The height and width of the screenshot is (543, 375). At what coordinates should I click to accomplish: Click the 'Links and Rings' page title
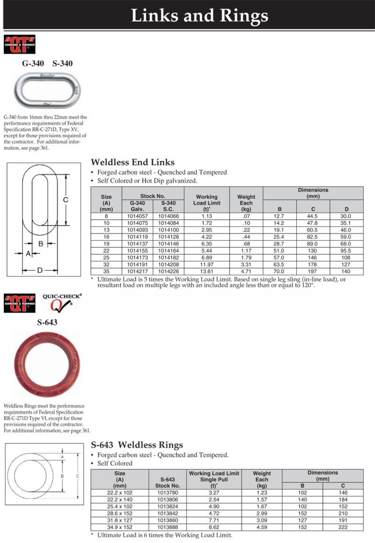199,16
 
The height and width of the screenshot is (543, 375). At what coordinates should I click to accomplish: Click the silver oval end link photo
47,89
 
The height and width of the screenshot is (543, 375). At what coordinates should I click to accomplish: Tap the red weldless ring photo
46,364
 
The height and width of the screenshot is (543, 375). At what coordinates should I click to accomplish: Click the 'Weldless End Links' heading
132,162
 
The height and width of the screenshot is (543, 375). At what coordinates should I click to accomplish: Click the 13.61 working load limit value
206,271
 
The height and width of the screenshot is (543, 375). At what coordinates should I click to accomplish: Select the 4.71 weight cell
246,271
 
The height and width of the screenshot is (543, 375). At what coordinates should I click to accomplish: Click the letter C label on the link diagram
66,200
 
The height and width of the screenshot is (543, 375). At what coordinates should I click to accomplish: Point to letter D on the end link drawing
40,270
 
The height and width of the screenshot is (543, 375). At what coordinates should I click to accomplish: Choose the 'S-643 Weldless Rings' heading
137,445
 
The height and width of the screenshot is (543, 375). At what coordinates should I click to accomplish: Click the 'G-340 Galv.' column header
137,206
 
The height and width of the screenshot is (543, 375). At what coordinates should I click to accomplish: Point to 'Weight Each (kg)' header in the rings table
262,479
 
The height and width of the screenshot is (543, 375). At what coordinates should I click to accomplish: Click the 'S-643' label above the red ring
47,322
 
